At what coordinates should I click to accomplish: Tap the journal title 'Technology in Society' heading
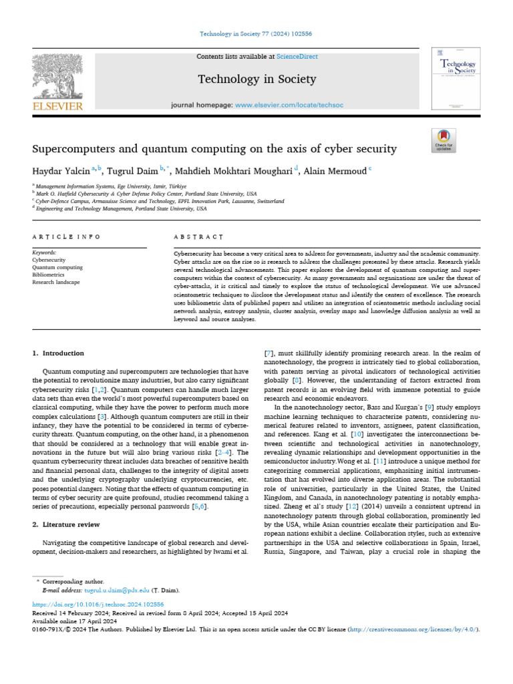coord(256,79)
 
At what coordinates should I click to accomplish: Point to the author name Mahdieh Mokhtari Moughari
coord(235,171)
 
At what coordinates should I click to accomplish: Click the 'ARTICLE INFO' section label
coord(66,237)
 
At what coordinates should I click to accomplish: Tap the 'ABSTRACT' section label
coord(198,237)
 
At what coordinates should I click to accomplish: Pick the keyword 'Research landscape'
coord(57,282)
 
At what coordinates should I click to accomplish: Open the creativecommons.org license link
coord(414,629)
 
